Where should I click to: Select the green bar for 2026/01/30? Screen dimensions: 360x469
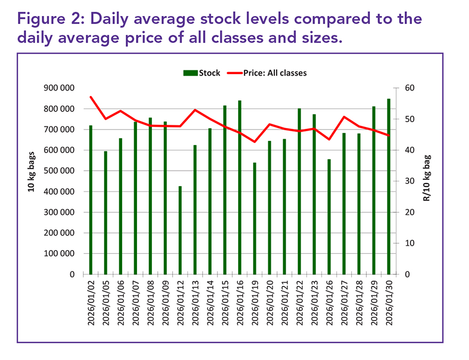click(389, 187)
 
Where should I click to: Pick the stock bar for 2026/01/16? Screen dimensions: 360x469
click(225, 187)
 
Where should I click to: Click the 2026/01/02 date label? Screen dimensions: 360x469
click(91, 302)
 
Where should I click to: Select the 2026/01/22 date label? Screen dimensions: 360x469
click(300, 302)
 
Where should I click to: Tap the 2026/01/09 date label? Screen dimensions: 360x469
click(165, 302)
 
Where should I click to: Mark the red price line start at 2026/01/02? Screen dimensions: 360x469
click(91, 97)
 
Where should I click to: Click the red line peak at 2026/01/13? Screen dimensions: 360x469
click(195, 110)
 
